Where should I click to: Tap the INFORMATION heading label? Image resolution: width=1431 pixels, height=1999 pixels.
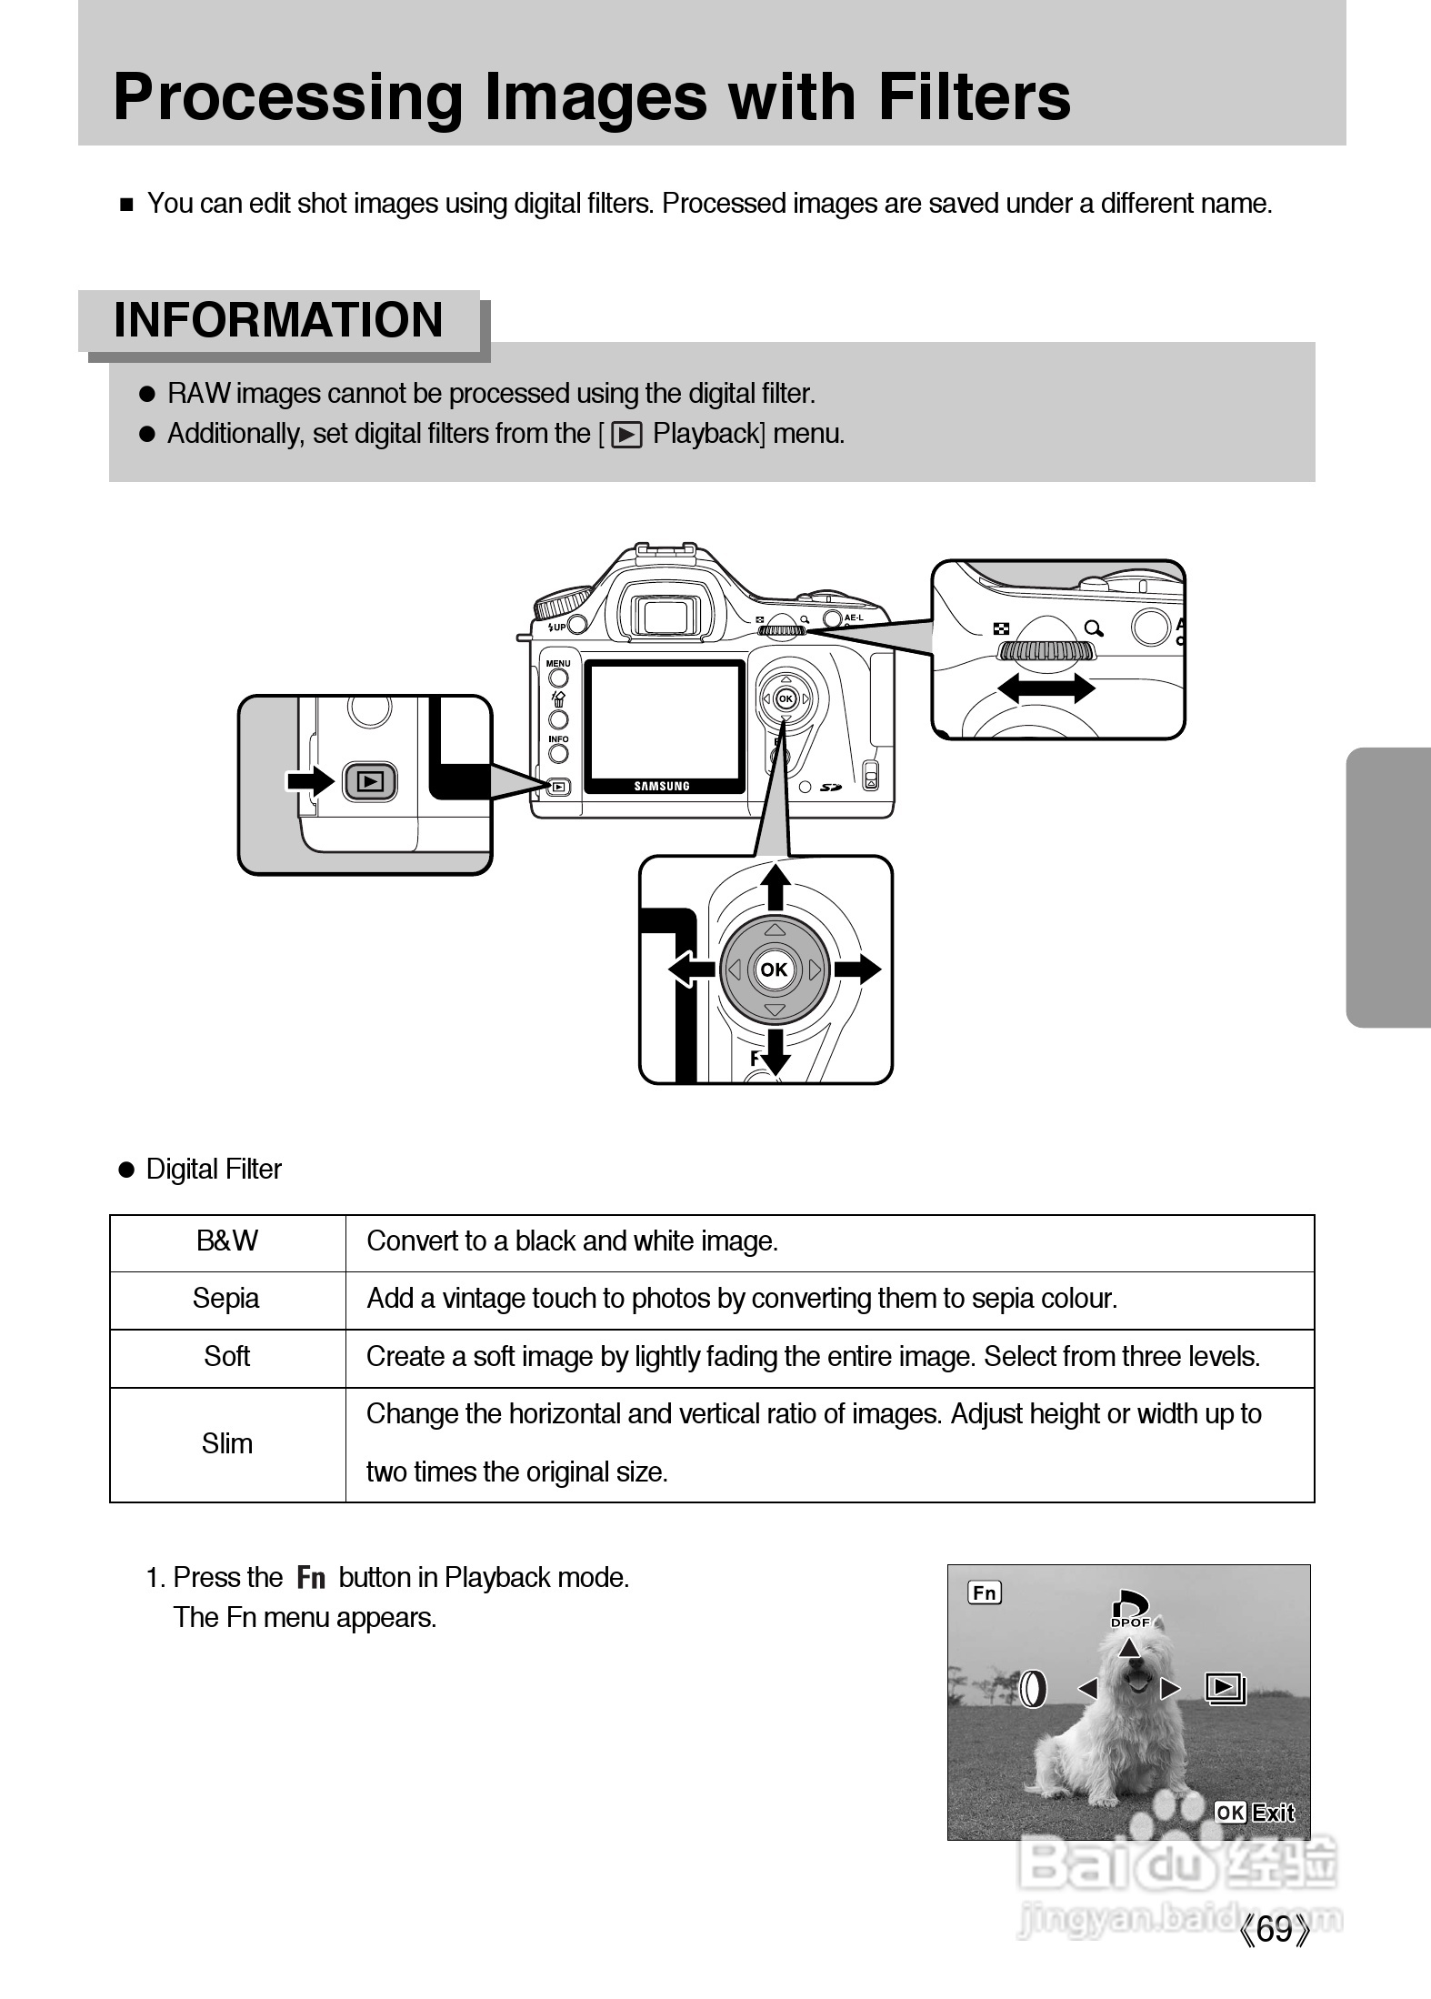tap(278, 320)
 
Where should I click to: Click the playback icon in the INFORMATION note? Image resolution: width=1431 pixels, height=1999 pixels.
tap(627, 436)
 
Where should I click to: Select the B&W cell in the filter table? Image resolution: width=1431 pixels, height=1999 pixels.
tap(227, 1241)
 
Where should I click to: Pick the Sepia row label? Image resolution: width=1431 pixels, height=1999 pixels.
tap(226, 1299)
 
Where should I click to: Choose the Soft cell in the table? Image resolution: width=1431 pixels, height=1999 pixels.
tap(226, 1357)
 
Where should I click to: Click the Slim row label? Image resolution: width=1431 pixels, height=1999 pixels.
tap(226, 1443)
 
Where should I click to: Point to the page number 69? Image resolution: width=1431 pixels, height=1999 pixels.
tap(1276, 1954)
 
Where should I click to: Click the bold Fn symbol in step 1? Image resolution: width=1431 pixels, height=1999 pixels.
tap(311, 1578)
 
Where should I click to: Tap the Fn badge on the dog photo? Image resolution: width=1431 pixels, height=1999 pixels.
tap(985, 1592)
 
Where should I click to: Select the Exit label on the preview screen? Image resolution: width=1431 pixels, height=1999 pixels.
tap(1273, 1813)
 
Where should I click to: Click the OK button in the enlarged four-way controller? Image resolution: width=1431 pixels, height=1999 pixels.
tap(774, 970)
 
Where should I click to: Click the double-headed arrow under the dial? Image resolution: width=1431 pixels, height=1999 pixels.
tap(1046, 688)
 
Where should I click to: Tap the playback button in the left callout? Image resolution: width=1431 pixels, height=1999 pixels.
tap(370, 781)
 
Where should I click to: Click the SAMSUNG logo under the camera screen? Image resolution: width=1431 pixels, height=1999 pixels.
tap(662, 786)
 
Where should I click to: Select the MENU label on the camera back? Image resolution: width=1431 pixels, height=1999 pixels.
tap(558, 663)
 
